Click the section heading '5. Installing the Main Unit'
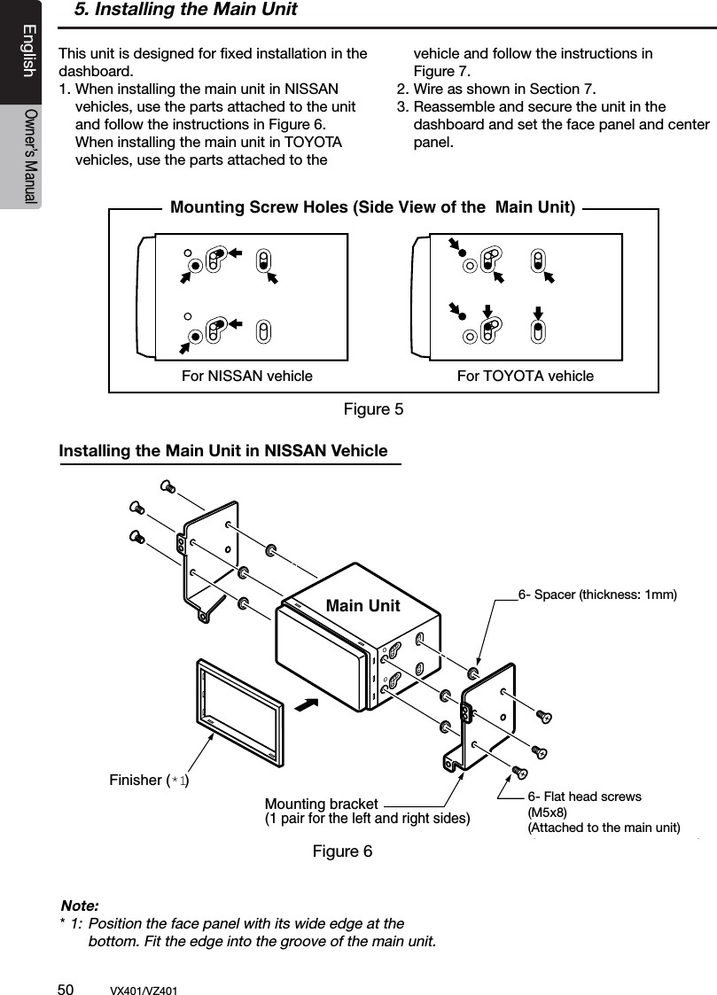point(185,11)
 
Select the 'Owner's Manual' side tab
point(29,156)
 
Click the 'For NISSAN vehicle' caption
point(246,376)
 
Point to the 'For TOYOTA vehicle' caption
point(525,376)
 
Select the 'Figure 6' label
point(342,851)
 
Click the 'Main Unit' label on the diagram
point(362,606)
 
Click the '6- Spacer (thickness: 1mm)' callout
point(597,595)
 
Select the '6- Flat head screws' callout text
point(584,797)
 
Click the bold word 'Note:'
point(79,906)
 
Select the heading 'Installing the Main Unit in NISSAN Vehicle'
point(222,451)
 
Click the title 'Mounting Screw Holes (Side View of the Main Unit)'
point(372,208)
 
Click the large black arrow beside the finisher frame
point(306,706)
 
